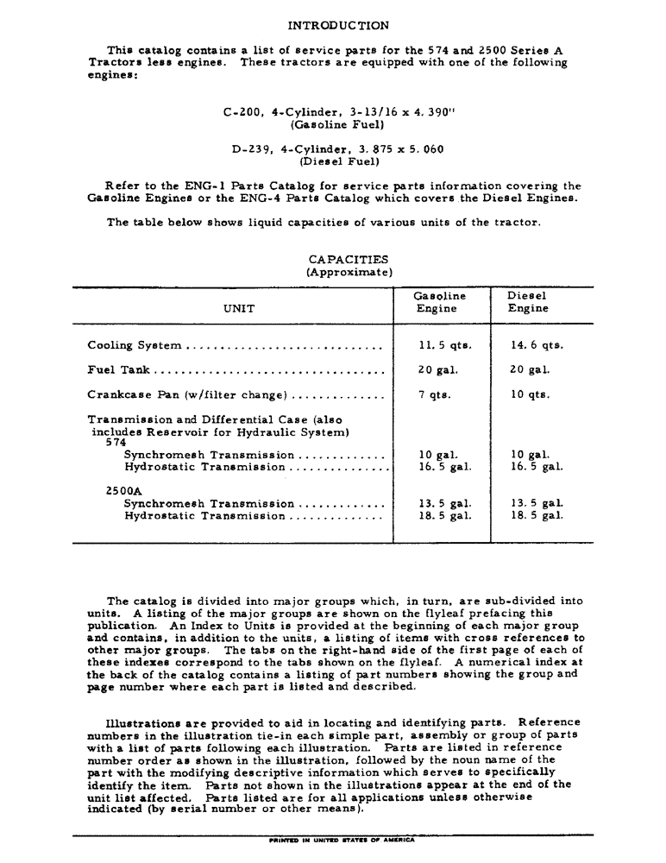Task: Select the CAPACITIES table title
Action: click(348, 259)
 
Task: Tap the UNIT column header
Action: click(239, 308)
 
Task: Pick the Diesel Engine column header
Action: click(527, 302)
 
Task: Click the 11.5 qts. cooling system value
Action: click(444, 345)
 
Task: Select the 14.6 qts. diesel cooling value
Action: click(536, 345)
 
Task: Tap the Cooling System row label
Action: click(134, 345)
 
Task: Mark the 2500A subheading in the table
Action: click(123, 491)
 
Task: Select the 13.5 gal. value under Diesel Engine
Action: click(536, 503)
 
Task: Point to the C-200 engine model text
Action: click(243, 112)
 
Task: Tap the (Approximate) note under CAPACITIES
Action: click(349, 272)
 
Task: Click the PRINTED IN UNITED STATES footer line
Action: click(342, 839)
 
